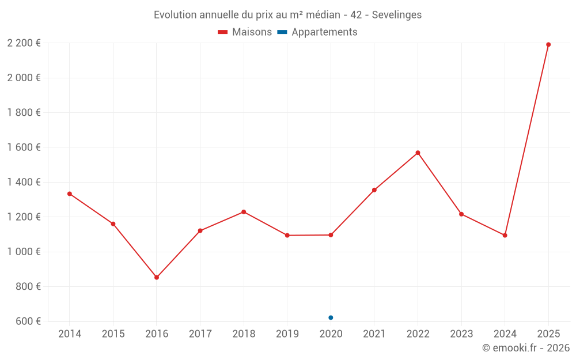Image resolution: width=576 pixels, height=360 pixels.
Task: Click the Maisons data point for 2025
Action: click(548, 44)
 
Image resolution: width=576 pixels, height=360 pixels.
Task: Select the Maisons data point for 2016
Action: click(157, 277)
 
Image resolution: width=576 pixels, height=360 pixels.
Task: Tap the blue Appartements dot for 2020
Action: click(331, 317)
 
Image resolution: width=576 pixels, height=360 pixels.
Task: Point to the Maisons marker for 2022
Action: click(418, 153)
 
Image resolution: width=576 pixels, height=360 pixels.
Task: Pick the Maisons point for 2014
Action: click(70, 194)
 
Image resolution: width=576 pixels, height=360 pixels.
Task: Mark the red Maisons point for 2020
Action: click(331, 235)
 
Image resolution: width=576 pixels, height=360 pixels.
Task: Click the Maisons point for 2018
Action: click(244, 212)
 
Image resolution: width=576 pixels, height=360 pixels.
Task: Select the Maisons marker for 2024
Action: click(505, 235)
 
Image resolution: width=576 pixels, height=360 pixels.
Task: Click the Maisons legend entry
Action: click(245, 32)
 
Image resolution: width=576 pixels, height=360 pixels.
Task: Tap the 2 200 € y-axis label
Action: click(24, 43)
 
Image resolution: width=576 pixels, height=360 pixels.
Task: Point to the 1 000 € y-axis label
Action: click(24, 252)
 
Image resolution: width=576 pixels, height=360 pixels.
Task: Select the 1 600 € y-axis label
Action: click(24, 147)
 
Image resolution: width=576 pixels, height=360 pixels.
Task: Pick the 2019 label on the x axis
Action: click(287, 334)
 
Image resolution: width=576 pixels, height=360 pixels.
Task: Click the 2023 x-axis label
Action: click(461, 334)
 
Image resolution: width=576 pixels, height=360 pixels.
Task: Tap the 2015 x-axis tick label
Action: click(113, 334)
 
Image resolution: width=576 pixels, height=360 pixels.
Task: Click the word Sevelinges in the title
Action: click(396, 15)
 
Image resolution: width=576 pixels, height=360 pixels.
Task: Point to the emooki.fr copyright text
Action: click(526, 348)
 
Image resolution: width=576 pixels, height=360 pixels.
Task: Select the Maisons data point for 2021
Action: click(374, 190)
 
